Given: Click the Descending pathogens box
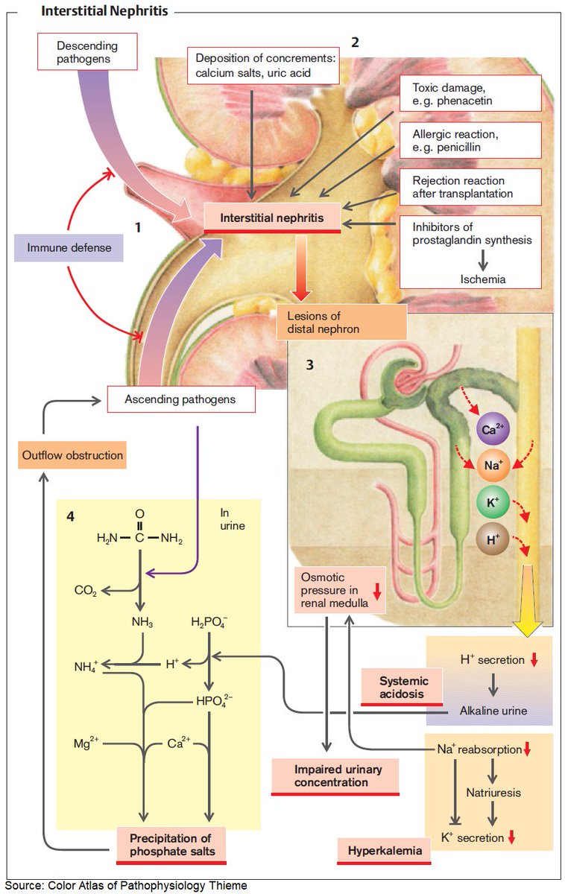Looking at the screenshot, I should (x=87, y=52).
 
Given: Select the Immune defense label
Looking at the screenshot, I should (x=68, y=247).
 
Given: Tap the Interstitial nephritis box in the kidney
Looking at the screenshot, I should (x=272, y=218).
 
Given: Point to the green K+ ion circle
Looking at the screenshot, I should (x=493, y=503).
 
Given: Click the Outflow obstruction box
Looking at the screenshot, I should (x=72, y=455).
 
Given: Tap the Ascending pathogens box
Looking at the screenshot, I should (x=180, y=399).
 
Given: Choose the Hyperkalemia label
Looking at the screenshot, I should (x=384, y=850).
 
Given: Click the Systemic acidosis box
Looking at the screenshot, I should (x=403, y=687).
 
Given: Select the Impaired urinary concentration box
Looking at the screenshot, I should (x=336, y=776).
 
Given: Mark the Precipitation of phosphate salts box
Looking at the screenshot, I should (x=171, y=844).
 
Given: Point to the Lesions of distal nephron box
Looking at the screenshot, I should (x=341, y=322).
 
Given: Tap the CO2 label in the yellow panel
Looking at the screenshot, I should (x=85, y=591).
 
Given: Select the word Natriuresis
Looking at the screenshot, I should (x=492, y=793).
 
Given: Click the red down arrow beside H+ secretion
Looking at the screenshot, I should (x=534, y=659).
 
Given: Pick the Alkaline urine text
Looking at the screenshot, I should (x=493, y=711).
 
